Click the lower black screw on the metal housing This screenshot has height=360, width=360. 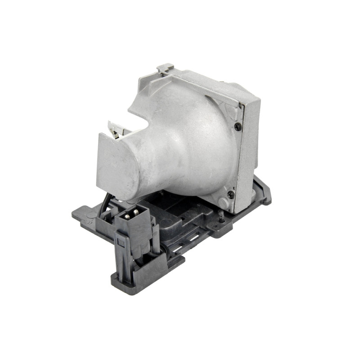[x=231, y=194]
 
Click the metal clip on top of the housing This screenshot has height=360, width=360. [x=165, y=68]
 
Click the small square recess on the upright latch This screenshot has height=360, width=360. [x=121, y=243]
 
